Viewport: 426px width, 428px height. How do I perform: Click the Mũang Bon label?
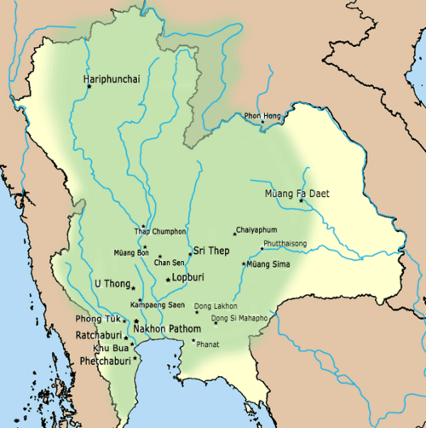(x=131, y=252)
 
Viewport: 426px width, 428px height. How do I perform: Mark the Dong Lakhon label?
(x=216, y=305)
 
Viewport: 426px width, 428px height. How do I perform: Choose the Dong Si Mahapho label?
(x=240, y=319)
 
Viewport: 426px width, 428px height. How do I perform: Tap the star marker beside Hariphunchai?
(x=85, y=85)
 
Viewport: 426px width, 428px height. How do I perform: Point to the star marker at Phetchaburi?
(x=135, y=358)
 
